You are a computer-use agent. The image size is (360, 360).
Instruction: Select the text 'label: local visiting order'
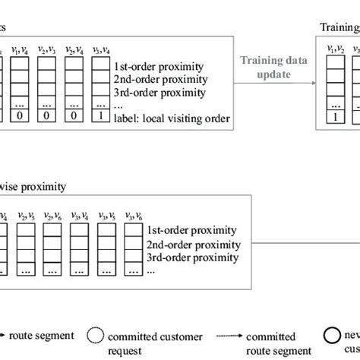coord(170,118)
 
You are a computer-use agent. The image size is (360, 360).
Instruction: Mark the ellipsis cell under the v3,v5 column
coord(106,270)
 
